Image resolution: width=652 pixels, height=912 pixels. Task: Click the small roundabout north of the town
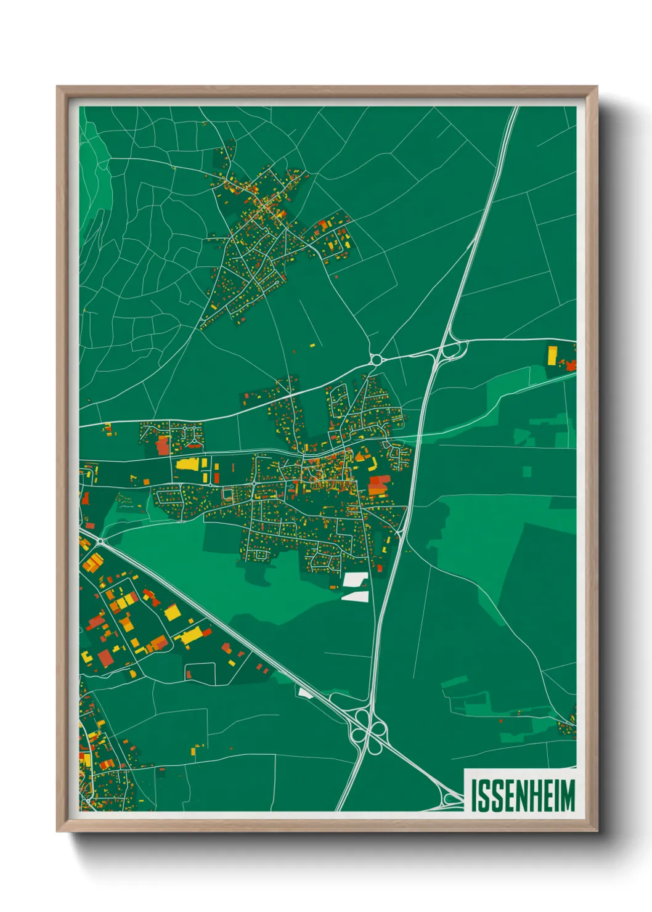[x=375, y=359]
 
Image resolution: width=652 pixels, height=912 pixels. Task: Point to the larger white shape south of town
[x=356, y=579]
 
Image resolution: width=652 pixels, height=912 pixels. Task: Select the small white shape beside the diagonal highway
[x=305, y=693]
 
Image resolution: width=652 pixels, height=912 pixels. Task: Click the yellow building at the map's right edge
[x=552, y=356]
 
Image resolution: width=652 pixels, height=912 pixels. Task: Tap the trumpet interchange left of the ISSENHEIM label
[x=452, y=799]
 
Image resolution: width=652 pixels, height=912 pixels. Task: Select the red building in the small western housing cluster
[x=163, y=445]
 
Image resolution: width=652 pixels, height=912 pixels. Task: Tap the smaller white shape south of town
[x=356, y=596]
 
